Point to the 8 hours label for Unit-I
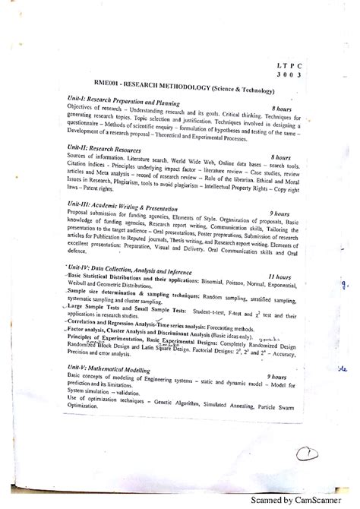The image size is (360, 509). click(286, 109)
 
